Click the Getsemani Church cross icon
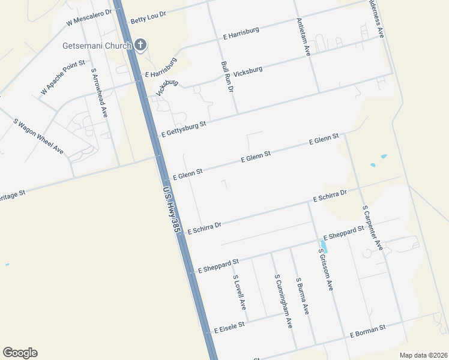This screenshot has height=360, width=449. pyautogui.click(x=140, y=45)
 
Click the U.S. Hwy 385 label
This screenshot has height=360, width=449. pyautogui.click(x=172, y=209)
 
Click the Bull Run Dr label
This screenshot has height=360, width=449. pyautogui.click(x=227, y=76)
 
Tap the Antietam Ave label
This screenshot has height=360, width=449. pyautogui.click(x=303, y=37)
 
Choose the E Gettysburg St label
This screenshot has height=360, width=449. pyautogui.click(x=184, y=128)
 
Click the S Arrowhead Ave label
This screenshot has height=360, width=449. pyautogui.click(x=99, y=92)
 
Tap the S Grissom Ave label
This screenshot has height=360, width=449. pyautogui.click(x=325, y=269)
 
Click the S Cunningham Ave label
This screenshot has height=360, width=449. pyautogui.click(x=283, y=301)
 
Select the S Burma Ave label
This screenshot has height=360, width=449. pyautogui.click(x=302, y=296)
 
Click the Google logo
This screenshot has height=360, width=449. pyautogui.click(x=20, y=353)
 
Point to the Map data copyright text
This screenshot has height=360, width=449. pyautogui.click(x=423, y=355)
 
